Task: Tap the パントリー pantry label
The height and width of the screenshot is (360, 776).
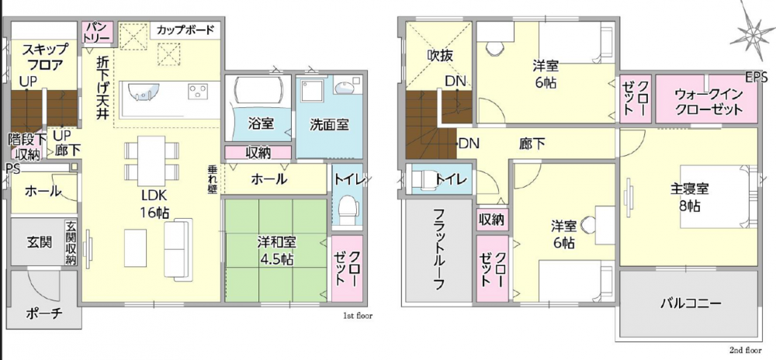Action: point(99,31)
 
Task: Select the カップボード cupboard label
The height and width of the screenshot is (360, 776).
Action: point(185,29)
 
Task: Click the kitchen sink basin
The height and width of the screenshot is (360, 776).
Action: point(144,92)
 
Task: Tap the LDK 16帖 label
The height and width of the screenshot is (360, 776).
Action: point(154,203)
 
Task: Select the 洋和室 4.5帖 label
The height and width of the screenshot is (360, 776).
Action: point(276,251)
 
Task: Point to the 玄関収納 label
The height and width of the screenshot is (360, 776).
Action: point(71,243)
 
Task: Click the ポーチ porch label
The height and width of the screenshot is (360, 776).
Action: point(44,313)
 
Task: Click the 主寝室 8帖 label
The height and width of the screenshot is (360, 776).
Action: point(690,197)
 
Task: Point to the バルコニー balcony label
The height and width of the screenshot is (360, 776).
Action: point(689,303)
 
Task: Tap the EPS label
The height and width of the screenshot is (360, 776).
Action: point(757,77)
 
